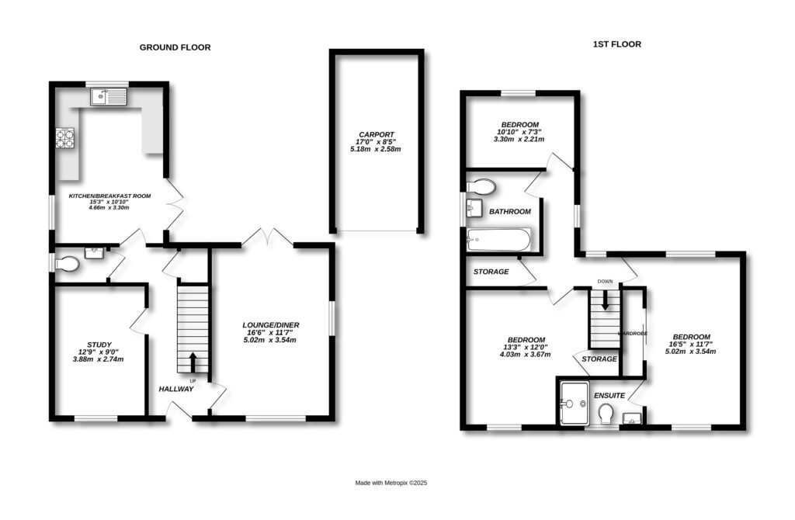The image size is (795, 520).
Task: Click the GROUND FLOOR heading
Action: [175, 47]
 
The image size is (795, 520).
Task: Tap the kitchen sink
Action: [108, 97]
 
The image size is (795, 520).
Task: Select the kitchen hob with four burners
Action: [65, 138]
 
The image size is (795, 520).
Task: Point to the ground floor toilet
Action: [67, 265]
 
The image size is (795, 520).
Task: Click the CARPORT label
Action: [377, 133]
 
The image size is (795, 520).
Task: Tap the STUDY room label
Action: [99, 345]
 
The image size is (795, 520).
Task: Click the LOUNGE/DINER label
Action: [270, 325]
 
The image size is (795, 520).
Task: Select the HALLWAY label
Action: [176, 389]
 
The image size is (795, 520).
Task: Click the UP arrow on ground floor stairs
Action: [193, 362]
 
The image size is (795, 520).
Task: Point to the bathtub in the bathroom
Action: [498, 240]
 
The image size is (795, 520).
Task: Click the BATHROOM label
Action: [509, 211]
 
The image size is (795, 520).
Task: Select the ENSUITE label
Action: [609, 396]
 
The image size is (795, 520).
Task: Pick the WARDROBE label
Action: [632, 333]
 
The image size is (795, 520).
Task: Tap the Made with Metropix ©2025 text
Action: [391, 483]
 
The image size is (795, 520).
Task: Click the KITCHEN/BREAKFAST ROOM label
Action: [109, 196]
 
